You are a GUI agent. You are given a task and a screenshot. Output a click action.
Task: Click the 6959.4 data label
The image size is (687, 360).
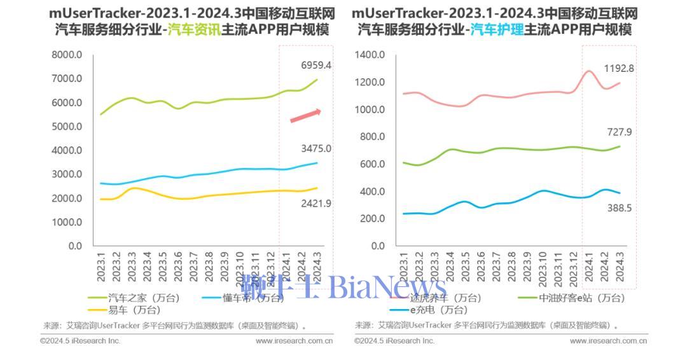click(x=316, y=65)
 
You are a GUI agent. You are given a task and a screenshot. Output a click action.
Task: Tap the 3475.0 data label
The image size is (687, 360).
click(x=316, y=149)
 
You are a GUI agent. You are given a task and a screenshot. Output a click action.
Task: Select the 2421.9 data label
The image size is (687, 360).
click(x=316, y=204)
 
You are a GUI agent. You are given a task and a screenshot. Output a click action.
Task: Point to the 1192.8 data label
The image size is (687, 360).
click(x=619, y=68)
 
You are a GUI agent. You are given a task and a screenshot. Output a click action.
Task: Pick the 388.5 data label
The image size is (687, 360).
click(x=619, y=208)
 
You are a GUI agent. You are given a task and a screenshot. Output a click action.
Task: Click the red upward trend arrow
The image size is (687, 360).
click(x=305, y=116)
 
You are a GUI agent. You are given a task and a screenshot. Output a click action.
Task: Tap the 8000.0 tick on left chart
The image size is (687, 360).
click(x=67, y=55)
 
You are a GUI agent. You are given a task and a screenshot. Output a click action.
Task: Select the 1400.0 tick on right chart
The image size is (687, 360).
click(x=370, y=55)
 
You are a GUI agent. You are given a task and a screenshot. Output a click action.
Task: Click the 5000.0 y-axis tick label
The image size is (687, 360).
click(x=67, y=127)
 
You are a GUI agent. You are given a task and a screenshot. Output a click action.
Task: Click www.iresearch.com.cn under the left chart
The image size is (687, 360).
click(x=294, y=341)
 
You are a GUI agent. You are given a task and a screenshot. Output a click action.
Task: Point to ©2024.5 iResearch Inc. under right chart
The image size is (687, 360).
click(x=394, y=341)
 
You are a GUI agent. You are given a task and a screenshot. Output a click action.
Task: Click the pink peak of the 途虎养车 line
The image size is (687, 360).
click(x=589, y=71)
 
